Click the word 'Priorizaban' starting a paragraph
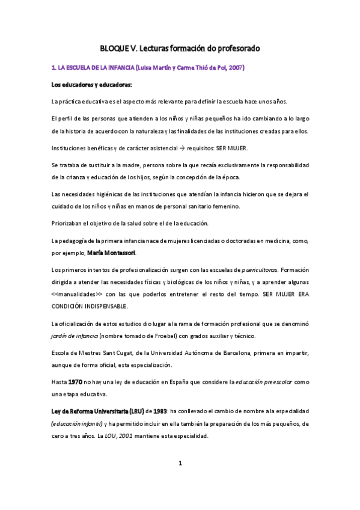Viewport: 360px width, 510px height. pyautogui.click(x=69, y=224)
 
